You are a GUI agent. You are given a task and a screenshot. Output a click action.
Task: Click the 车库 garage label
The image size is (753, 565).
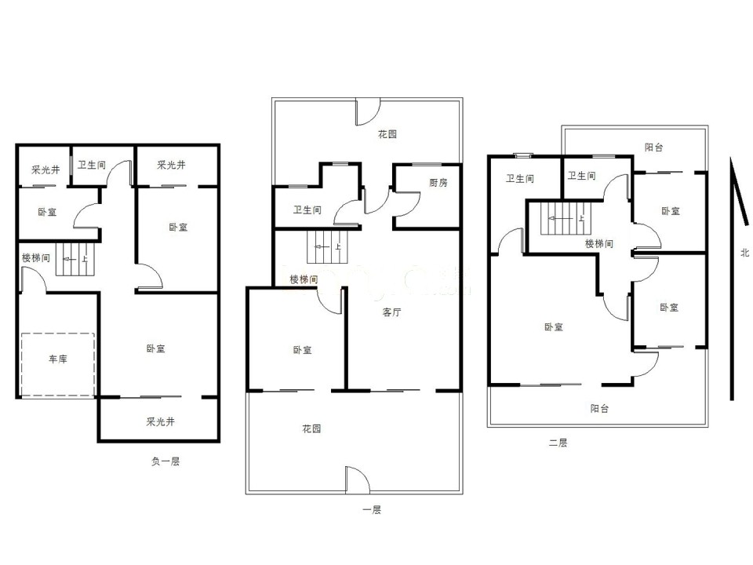coord(57,359)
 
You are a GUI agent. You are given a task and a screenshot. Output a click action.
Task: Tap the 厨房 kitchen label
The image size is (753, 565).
coord(438,183)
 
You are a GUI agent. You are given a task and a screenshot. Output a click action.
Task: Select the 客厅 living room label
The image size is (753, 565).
coord(392,312)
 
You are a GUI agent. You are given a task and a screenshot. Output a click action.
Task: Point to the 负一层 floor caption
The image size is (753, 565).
coord(166,461)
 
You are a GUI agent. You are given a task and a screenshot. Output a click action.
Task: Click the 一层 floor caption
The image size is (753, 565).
coord(372,510)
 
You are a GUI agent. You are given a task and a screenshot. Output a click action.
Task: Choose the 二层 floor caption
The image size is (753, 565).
coord(558,443)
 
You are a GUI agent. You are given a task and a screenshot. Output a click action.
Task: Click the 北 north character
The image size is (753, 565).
coord(744,252)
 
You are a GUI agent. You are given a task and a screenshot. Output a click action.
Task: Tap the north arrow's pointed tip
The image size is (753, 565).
coord(731,158)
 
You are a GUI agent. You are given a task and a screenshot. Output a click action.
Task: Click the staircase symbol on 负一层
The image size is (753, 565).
coord(75,260)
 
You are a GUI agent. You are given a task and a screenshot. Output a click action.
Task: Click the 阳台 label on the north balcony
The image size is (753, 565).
coord(653,148)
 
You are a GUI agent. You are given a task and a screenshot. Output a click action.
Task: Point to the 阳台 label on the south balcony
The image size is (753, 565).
coord(599,409)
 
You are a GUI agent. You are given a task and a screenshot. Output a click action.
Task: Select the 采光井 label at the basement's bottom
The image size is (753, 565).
coord(160,422)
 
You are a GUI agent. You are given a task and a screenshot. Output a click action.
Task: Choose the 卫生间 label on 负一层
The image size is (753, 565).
coord(91,166)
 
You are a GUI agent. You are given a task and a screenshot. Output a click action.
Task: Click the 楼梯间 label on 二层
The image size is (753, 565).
coord(598,244)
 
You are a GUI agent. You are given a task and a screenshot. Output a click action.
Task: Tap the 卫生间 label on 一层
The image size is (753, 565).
coord(307,210)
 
